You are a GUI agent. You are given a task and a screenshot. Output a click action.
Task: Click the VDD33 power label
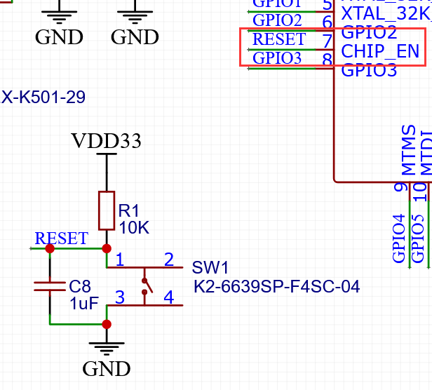[x=106, y=142]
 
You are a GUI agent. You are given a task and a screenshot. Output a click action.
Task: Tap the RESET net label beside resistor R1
[x=62, y=238]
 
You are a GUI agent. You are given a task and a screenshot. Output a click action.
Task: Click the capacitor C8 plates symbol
[x=50, y=285]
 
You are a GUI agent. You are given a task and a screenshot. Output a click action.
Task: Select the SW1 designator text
[x=210, y=268]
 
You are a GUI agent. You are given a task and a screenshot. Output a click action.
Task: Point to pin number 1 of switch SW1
[x=120, y=260]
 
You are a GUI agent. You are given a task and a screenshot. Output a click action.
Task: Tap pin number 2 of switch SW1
[x=168, y=260]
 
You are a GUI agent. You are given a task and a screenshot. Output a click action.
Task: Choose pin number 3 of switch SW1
[x=120, y=297]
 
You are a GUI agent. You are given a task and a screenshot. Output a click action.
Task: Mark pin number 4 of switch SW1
[x=168, y=297]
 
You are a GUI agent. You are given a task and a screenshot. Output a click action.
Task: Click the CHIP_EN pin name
[x=379, y=51]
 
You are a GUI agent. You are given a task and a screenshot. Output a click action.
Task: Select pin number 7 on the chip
[x=327, y=41]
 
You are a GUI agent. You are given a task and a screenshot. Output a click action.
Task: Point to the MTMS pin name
[x=408, y=151]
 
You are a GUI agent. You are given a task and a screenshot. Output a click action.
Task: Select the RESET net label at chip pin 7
[x=278, y=39]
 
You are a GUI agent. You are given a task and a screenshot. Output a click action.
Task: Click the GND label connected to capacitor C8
[x=106, y=368]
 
